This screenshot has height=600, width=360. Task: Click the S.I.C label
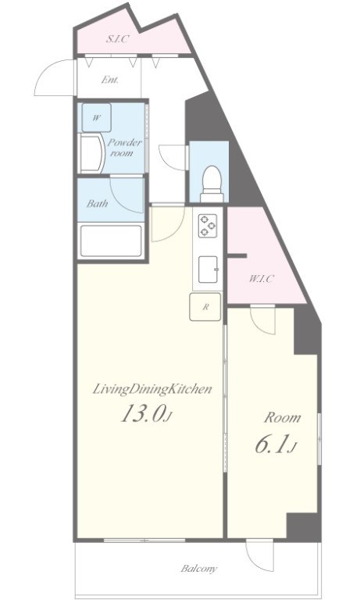(x=117, y=38)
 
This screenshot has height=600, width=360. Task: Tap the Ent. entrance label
(x=110, y=80)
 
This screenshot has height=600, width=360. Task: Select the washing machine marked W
(x=96, y=117)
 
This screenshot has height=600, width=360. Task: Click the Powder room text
(x=124, y=148)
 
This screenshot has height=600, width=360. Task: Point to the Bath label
(x=97, y=203)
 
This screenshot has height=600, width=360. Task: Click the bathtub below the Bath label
(x=111, y=241)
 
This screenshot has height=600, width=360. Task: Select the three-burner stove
(x=208, y=225)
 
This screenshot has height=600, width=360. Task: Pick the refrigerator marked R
(x=205, y=306)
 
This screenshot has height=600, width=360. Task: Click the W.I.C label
(x=262, y=279)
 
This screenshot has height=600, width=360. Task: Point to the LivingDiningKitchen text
(x=152, y=389)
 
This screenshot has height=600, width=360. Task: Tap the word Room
(x=283, y=417)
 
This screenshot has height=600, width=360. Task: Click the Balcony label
(x=199, y=568)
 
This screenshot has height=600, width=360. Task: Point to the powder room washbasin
(x=91, y=152)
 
